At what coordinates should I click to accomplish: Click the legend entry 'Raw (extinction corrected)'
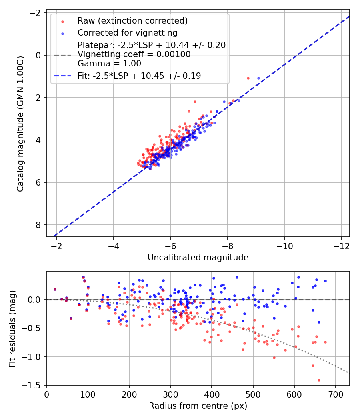[132, 21]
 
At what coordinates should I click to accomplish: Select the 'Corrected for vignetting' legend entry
[127, 32]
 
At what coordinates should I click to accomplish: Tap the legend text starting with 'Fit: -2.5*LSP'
[139, 76]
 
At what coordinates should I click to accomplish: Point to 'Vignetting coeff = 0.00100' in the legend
[134, 54]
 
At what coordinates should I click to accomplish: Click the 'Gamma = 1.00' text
[109, 63]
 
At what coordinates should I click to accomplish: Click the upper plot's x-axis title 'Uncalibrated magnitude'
[198, 258]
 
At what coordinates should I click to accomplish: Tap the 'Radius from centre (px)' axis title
[198, 406]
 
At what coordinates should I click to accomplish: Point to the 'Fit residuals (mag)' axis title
[12, 328]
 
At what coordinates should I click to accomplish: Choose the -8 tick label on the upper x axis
[228, 246]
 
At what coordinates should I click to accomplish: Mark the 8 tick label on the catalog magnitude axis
[39, 225]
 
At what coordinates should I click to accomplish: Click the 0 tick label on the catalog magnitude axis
[39, 55]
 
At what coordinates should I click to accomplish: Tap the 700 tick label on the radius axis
[335, 394]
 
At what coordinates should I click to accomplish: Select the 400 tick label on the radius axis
[212, 394]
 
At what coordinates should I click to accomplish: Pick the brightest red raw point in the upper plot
[248, 78]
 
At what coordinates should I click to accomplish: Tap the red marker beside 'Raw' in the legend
[62, 21]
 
